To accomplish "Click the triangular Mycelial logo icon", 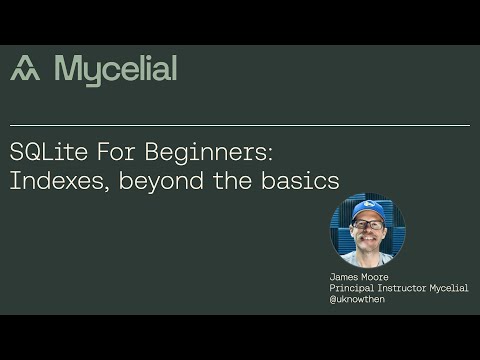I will [25, 68].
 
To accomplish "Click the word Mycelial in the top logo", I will [115, 69].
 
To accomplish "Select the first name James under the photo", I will [345, 277].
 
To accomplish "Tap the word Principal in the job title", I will [353, 288].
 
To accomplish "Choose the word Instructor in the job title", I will [408, 288].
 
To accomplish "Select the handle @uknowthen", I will [357, 299].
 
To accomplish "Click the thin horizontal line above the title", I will [240, 126].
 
